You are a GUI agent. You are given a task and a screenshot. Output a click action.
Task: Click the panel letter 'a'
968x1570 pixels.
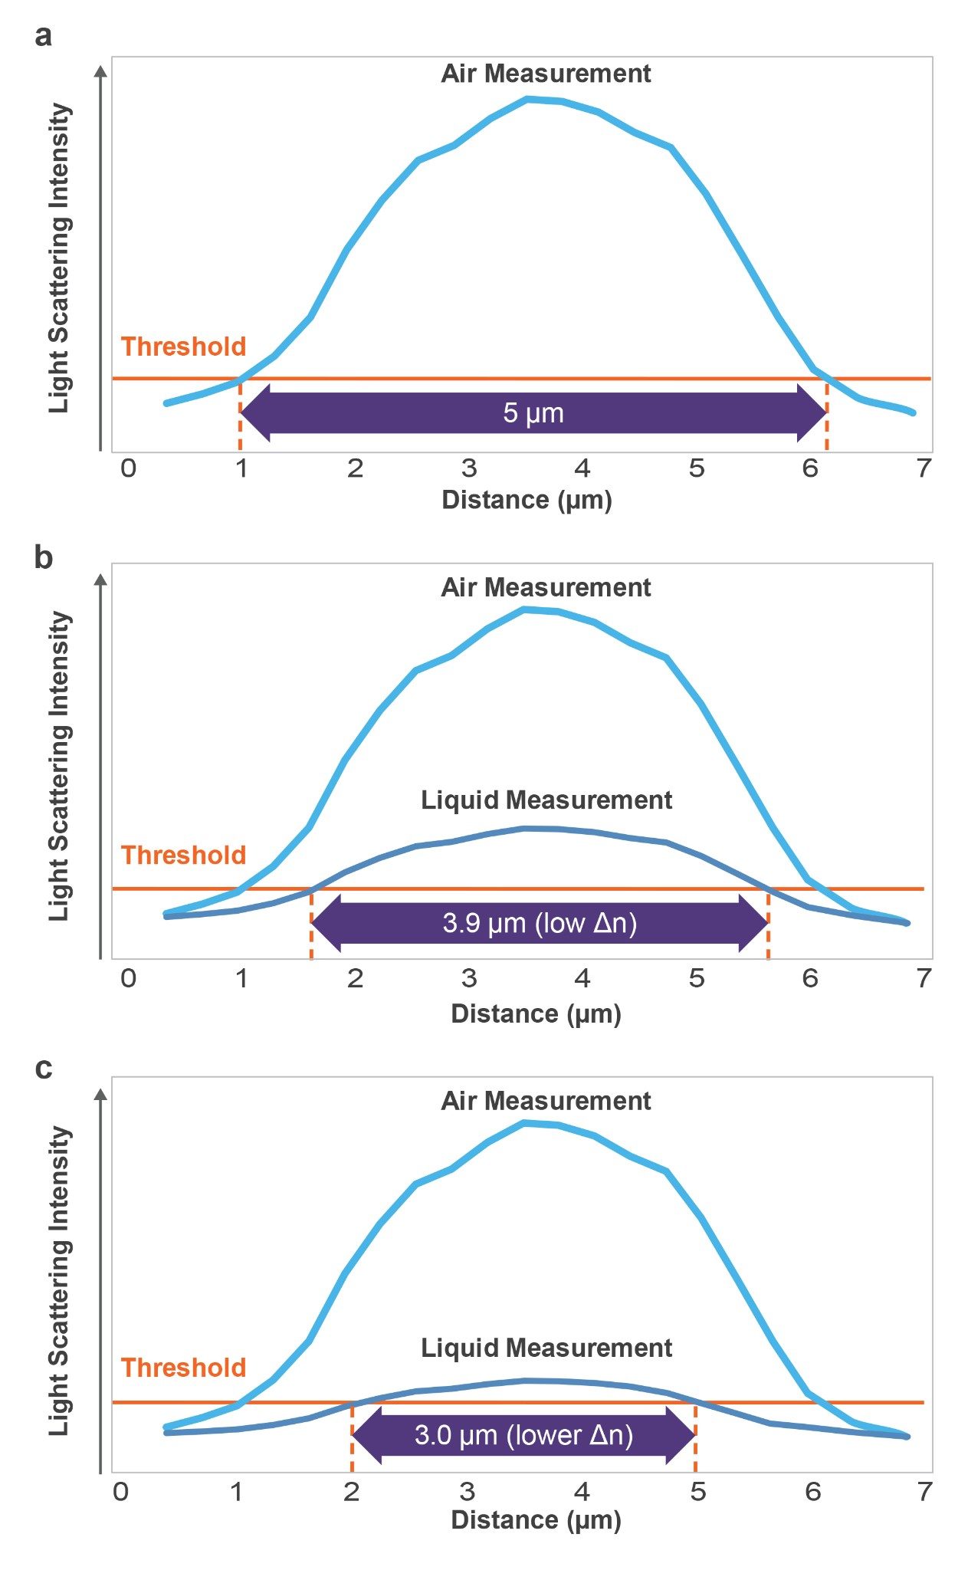(x=43, y=36)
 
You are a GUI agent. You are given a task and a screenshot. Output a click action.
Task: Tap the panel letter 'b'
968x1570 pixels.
(x=43, y=558)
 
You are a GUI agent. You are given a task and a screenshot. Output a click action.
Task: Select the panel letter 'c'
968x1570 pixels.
(x=43, y=1068)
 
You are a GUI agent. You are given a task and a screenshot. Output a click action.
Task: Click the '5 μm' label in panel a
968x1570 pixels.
(x=533, y=413)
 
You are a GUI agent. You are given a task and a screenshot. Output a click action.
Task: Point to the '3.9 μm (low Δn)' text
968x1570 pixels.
(x=540, y=922)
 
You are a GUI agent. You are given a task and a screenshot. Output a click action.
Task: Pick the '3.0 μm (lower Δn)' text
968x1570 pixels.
(x=524, y=1434)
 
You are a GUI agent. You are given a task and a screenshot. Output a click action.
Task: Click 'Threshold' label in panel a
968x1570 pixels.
(x=183, y=347)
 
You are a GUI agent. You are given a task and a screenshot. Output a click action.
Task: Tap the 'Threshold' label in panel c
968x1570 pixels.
(x=183, y=1367)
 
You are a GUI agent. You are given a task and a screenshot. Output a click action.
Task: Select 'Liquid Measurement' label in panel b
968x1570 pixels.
(x=546, y=800)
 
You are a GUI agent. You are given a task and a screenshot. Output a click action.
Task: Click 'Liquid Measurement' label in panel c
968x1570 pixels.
(x=546, y=1348)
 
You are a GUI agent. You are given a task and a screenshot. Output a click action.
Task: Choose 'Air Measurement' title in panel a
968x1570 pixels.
(x=546, y=74)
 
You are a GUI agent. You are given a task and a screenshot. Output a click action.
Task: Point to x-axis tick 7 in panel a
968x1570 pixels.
(x=924, y=468)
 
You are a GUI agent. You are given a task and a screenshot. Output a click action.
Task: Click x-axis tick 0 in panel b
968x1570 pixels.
(x=128, y=978)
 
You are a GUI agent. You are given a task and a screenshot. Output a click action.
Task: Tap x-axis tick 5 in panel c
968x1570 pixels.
(x=697, y=1491)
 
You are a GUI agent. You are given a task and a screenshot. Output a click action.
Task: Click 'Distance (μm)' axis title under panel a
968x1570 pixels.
(x=527, y=500)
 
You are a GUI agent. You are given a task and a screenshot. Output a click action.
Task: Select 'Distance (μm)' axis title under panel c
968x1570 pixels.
(x=536, y=1519)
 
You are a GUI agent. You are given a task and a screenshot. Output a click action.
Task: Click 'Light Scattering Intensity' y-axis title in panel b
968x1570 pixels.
(x=60, y=767)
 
